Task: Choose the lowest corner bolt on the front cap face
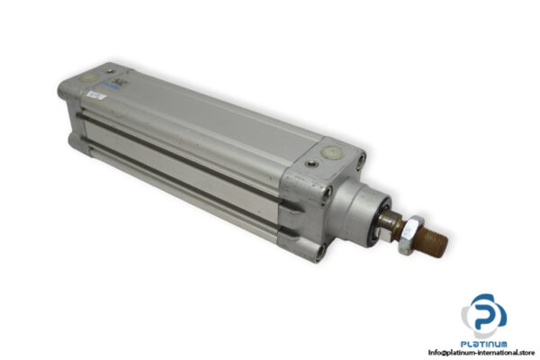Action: (x=326, y=240)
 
